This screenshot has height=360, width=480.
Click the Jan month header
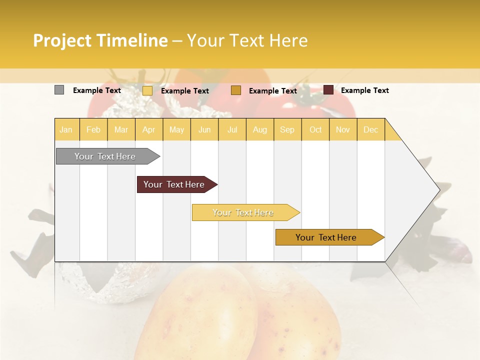pyautogui.click(x=66, y=129)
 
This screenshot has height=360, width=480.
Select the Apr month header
pyautogui.click(x=149, y=129)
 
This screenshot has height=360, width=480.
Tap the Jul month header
pyautogui.click(x=232, y=129)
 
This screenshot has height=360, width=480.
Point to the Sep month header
pyautogui.click(x=287, y=129)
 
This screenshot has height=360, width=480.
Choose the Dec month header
pyautogui.click(x=371, y=129)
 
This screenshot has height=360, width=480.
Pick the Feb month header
pyautogui.click(x=93, y=129)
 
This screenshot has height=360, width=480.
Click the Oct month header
pyautogui.click(x=315, y=129)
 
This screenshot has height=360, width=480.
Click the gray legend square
pyautogui.click(x=59, y=90)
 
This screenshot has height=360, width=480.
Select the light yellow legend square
pyautogui.click(x=147, y=90)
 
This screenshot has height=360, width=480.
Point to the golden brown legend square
pyautogui.click(x=236, y=90)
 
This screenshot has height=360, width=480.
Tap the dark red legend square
pyautogui.click(x=328, y=90)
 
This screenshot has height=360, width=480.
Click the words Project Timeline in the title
pyautogui.click(x=100, y=40)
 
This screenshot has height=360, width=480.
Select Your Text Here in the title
pyautogui.click(x=247, y=40)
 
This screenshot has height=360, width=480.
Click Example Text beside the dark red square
pyautogui.click(x=365, y=90)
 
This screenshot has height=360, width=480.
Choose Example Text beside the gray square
pyautogui.click(x=97, y=90)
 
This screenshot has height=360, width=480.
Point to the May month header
pyautogui.click(x=176, y=129)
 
